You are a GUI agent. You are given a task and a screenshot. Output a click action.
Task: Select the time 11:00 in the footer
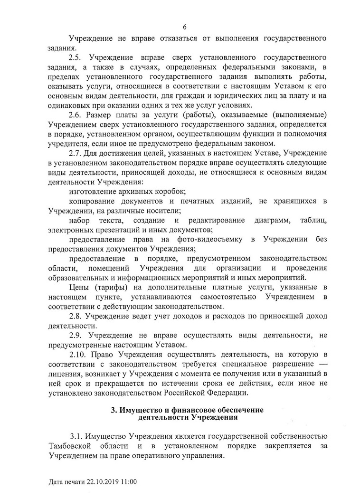tap(128, 482)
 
